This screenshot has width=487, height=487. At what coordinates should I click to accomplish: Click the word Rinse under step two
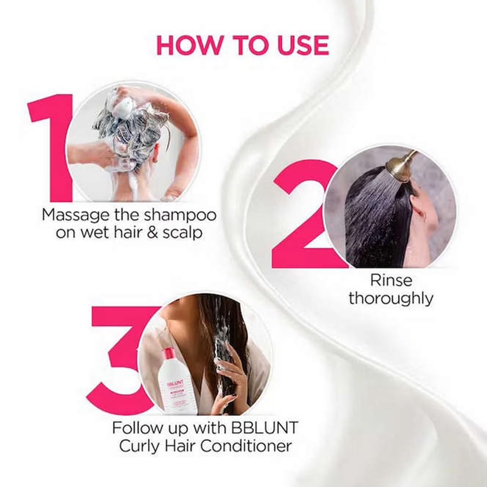point(391,280)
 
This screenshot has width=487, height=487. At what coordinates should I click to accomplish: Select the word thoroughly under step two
point(391,298)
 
